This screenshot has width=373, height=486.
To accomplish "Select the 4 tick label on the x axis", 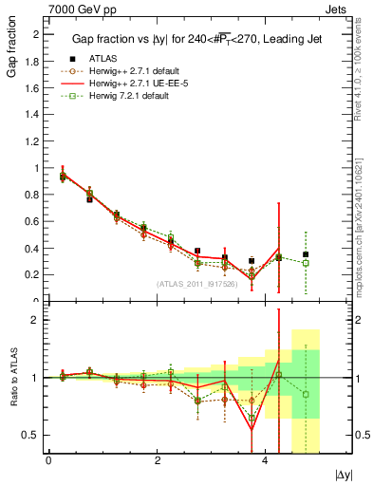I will point(265,460).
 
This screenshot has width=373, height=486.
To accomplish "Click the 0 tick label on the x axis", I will point(48,460).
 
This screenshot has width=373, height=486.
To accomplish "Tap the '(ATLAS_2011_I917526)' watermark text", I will point(197,284).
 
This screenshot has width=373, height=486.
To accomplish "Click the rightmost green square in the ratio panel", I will point(306,394).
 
